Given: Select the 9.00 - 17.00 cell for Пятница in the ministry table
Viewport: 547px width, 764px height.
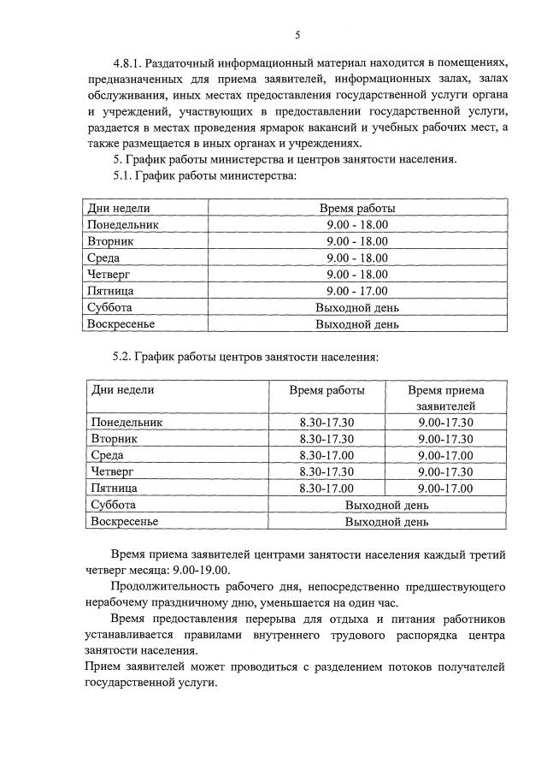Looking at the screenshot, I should [x=357, y=291].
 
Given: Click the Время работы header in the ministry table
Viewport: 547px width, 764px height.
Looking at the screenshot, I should [x=357, y=208].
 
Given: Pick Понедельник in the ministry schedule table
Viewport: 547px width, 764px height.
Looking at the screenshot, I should [x=123, y=224].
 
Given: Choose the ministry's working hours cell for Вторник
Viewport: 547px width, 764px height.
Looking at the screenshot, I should [x=357, y=241].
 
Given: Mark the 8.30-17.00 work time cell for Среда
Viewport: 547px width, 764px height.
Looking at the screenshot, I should [x=326, y=455].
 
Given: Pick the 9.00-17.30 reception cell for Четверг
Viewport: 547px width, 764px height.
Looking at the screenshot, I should [x=445, y=471].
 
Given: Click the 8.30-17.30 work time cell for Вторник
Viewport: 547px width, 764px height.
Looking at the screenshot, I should [x=326, y=439].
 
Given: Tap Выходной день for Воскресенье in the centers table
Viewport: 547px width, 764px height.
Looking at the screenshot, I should [x=386, y=521].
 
